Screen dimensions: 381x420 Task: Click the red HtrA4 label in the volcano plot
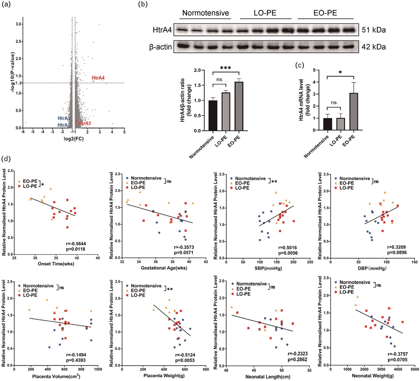[98, 78]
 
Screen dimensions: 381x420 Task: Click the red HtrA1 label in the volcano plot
[85, 123]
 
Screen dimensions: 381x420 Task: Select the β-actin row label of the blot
[160, 46]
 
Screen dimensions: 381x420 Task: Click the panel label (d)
[6, 158]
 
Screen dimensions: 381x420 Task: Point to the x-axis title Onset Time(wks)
[56, 264]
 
